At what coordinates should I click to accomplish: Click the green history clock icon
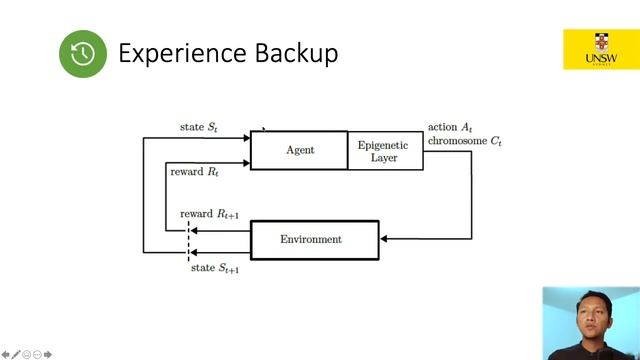[x=83, y=53]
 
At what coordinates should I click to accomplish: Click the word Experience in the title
[x=182, y=54]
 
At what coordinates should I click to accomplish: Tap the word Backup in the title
[x=296, y=53]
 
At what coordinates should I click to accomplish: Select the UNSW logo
[x=601, y=49]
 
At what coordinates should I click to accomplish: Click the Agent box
[x=299, y=150]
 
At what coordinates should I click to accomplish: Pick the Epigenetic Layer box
[x=385, y=151]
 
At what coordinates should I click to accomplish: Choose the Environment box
[x=315, y=240]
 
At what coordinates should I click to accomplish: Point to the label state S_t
[x=199, y=127]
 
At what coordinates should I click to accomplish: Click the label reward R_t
[x=194, y=172]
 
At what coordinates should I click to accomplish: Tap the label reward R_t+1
[x=209, y=214]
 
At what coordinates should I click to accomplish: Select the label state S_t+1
[x=215, y=268]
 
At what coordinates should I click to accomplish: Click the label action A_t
[x=450, y=127]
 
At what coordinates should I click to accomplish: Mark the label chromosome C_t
[x=464, y=141]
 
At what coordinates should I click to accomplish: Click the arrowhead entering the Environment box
[x=384, y=239]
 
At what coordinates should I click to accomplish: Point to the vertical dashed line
[x=188, y=241]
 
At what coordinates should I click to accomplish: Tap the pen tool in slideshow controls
[x=16, y=355]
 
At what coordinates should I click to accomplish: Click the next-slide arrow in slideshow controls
[x=48, y=355]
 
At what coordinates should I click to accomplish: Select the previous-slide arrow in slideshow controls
[x=5, y=355]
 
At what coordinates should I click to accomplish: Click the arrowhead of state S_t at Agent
[x=247, y=138]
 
